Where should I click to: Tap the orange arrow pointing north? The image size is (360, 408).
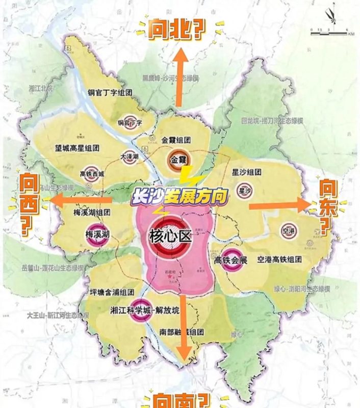click(x=179, y=76)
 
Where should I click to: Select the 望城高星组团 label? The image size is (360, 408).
click(x=77, y=148)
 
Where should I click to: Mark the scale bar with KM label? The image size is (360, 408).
click(x=332, y=32)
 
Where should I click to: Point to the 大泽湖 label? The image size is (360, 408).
click(x=130, y=157)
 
